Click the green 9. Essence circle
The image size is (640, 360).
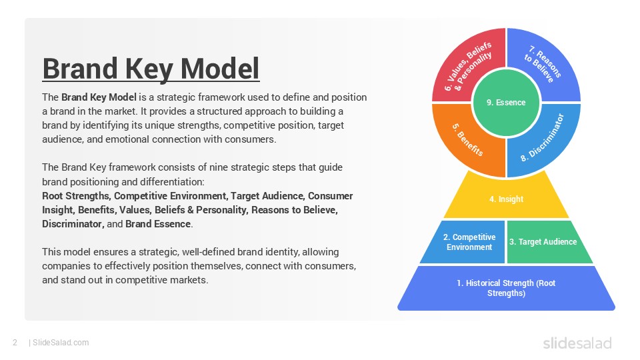click(x=507, y=102)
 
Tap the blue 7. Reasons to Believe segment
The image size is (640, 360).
click(x=543, y=65)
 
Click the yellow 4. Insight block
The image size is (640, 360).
click(x=507, y=199)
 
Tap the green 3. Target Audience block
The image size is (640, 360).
click(x=543, y=242)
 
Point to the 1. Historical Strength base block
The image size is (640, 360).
click(x=507, y=288)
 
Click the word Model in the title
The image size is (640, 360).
click(x=220, y=69)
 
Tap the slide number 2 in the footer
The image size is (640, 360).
click(x=15, y=343)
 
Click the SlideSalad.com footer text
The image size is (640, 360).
click(x=61, y=343)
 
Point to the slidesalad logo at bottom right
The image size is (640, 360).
click(x=577, y=343)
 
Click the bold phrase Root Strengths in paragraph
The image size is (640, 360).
click(x=77, y=196)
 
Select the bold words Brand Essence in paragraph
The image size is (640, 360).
click(x=158, y=224)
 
